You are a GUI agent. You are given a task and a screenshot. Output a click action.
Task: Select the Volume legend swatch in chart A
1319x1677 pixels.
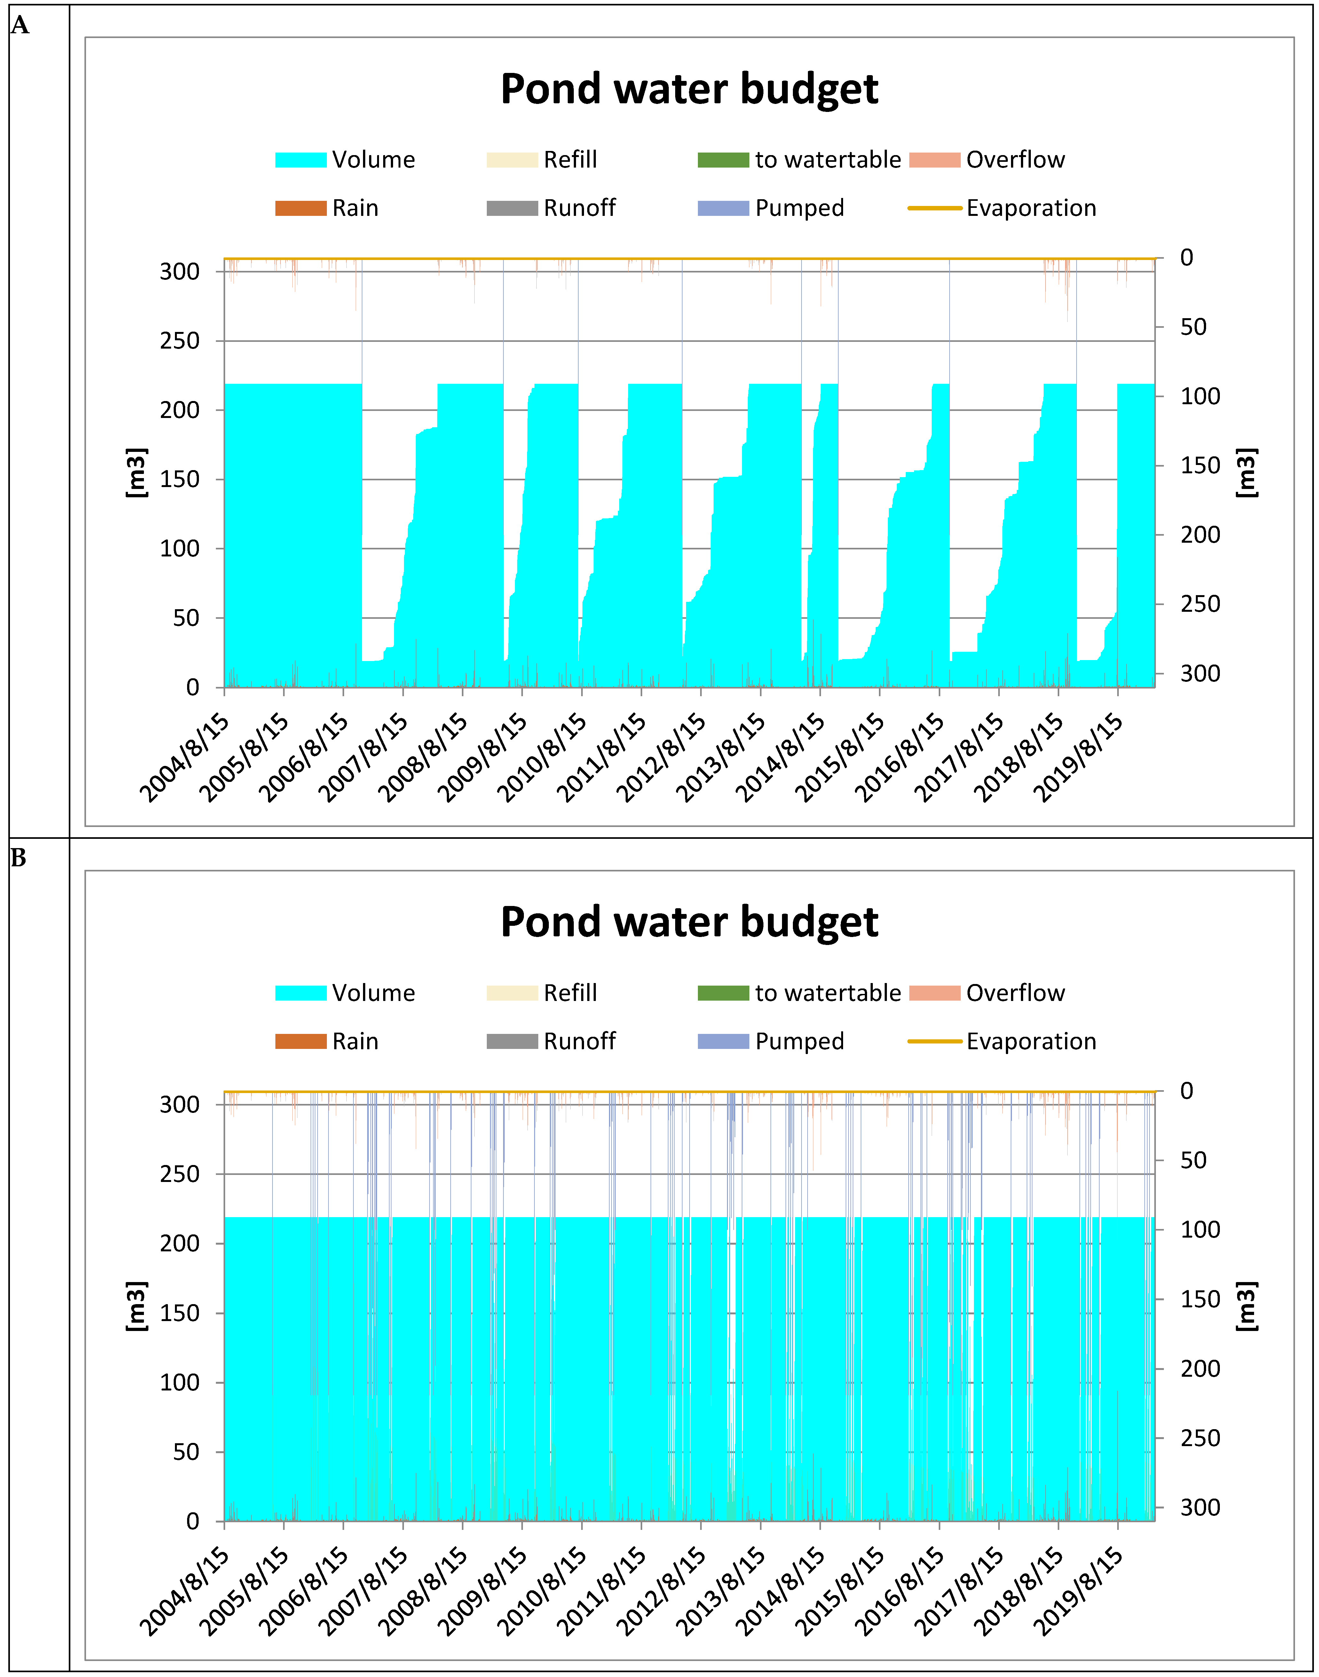tap(300, 160)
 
